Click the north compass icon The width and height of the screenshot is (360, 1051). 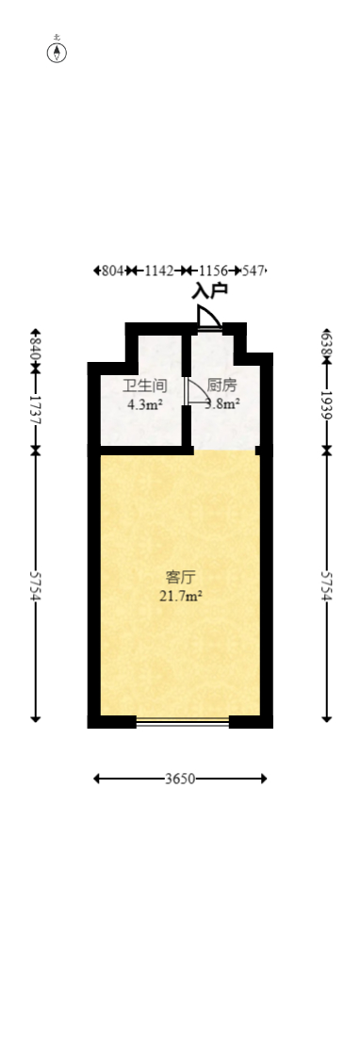(x=57, y=52)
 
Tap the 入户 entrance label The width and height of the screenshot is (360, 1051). (x=209, y=291)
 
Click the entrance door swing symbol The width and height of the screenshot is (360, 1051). (x=210, y=318)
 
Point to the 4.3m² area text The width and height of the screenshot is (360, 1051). (x=145, y=406)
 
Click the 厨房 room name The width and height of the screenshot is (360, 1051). (x=221, y=386)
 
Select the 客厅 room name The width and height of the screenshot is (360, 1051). (x=180, y=577)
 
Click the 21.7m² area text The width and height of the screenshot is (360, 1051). (x=180, y=596)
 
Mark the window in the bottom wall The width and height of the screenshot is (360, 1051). (x=183, y=722)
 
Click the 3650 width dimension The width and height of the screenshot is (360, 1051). (x=180, y=779)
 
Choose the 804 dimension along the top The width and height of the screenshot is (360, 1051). (x=112, y=271)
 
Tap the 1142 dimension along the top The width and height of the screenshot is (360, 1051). (x=159, y=271)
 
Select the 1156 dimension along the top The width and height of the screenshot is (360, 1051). (x=213, y=271)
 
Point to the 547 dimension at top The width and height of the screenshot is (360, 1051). (x=254, y=271)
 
